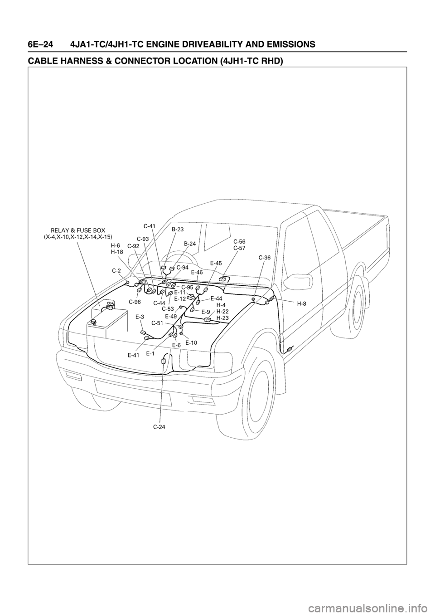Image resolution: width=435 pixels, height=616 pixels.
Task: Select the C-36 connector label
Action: coord(265,257)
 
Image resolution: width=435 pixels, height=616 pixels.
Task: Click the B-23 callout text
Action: coord(177,230)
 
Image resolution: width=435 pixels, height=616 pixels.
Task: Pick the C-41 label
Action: coord(150,225)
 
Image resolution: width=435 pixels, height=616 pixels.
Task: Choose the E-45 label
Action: coord(216,263)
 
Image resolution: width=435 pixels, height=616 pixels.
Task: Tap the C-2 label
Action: coord(116,270)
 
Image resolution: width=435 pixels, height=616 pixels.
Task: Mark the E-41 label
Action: coord(133,356)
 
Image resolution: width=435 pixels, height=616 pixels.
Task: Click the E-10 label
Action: coord(191,342)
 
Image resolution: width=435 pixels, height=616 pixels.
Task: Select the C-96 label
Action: coord(135,301)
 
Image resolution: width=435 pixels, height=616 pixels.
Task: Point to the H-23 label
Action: coord(222,318)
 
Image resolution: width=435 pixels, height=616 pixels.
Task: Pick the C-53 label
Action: coord(168,308)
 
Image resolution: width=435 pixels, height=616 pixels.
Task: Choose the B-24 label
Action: coord(190,244)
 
